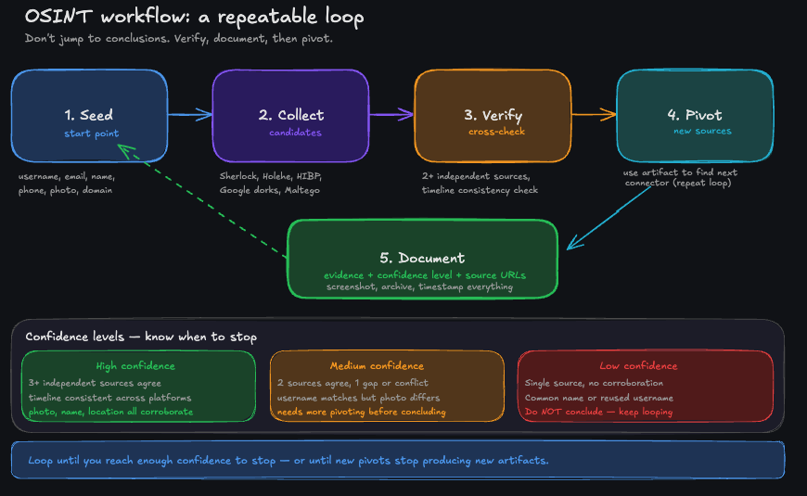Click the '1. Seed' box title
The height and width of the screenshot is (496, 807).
89,115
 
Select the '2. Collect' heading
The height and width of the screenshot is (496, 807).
291,115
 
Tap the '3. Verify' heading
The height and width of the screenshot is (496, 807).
493,116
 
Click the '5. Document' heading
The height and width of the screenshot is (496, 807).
422,258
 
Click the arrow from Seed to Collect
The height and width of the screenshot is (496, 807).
190,115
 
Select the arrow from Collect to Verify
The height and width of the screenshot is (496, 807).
391,115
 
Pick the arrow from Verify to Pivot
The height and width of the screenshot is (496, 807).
594,115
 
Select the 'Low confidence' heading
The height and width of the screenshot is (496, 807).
638,365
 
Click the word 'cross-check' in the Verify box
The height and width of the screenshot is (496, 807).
493,133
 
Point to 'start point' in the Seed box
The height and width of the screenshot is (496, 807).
91,134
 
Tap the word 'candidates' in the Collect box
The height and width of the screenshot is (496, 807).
295,133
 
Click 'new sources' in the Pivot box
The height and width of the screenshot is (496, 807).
702,131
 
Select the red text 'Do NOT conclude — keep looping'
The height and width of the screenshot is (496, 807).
598,412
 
